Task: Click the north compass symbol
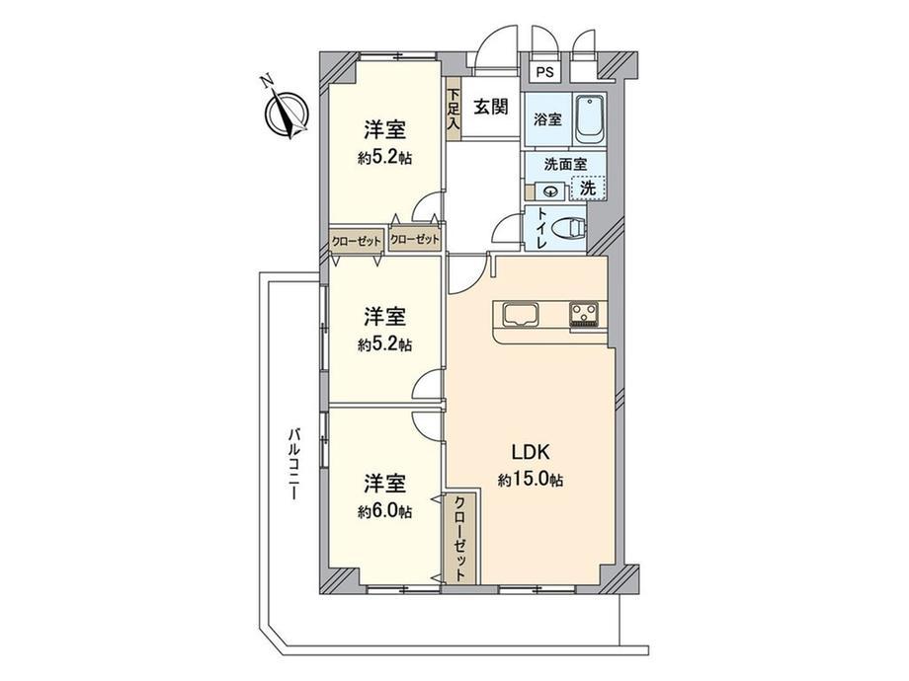point(286,113)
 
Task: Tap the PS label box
point(544,72)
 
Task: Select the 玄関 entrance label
point(491,107)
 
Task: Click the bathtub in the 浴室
point(590,119)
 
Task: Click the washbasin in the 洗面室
point(549,189)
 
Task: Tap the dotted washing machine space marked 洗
point(588,188)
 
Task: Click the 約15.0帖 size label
point(530,480)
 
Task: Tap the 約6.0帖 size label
point(384,511)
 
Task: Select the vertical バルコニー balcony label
point(294,464)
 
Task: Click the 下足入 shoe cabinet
point(453,109)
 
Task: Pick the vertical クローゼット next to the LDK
point(459,538)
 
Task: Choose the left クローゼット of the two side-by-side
point(357,240)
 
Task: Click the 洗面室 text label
point(565,164)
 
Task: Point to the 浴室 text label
point(547,119)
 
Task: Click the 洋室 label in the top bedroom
point(384,129)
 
